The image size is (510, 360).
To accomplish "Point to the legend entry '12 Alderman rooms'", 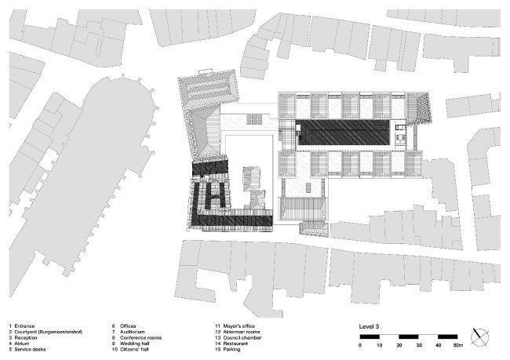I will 238,331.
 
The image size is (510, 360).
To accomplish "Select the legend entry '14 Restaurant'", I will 233,344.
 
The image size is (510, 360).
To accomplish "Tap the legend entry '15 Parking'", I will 230,350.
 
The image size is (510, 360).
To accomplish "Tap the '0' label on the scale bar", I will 361,345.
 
